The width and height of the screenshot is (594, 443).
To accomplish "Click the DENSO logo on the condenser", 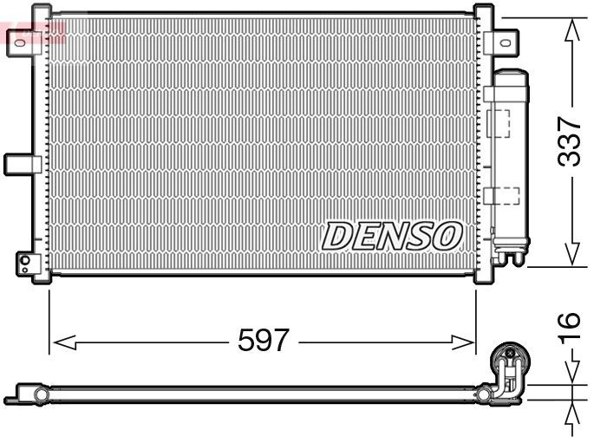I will (392, 234).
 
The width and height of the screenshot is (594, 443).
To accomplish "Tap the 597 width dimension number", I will (263, 340).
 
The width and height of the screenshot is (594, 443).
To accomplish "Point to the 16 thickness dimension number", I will (569, 322).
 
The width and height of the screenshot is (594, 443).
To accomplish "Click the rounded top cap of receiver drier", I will (510, 75).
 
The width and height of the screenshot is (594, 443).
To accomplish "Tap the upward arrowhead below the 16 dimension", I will (571, 415).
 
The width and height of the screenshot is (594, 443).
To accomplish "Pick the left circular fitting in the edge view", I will (38, 396).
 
